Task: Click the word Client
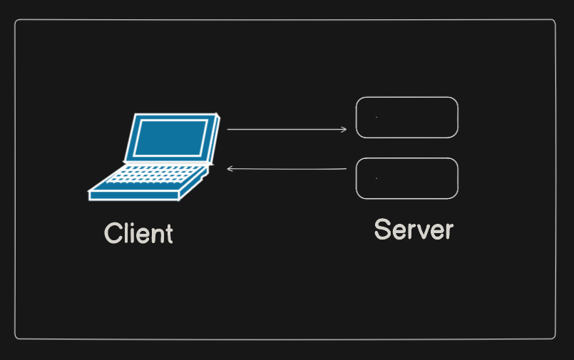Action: [138, 234]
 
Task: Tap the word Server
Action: [414, 230]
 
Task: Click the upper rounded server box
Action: [406, 117]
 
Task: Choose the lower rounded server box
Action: [406, 178]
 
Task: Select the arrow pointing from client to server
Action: [285, 130]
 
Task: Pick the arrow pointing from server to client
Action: [285, 169]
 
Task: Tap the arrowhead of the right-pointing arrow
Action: [344, 130]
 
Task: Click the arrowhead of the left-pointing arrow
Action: [230, 168]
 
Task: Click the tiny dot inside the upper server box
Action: [376, 117]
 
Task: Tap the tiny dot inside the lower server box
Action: [376, 178]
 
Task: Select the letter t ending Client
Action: [168, 234]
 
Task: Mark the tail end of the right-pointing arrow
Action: [228, 130]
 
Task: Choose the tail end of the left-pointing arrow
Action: [346, 169]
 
